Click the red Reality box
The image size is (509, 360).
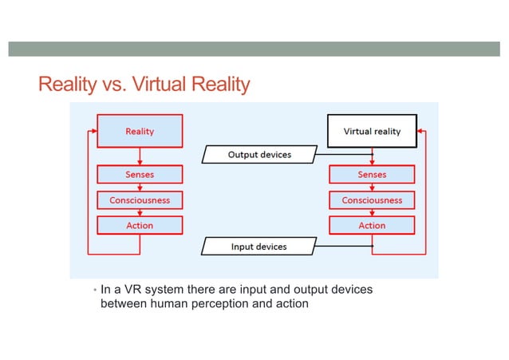point(140,131)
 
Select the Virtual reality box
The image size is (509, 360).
point(372,131)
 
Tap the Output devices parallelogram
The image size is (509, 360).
point(259,154)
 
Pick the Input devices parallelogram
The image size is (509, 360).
point(258,247)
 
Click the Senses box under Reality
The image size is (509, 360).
point(140,174)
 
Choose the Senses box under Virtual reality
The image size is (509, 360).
point(372,174)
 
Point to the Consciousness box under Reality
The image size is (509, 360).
point(140,200)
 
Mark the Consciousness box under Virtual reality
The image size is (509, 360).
point(372,200)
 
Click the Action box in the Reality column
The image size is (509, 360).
point(140,225)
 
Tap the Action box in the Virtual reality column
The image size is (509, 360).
point(372,225)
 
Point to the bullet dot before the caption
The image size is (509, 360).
point(93,291)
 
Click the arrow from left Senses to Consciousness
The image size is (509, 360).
point(140,187)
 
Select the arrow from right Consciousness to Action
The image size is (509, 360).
point(372,212)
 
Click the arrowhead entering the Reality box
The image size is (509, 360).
point(93,131)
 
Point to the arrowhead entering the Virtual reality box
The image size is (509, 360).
point(421,131)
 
